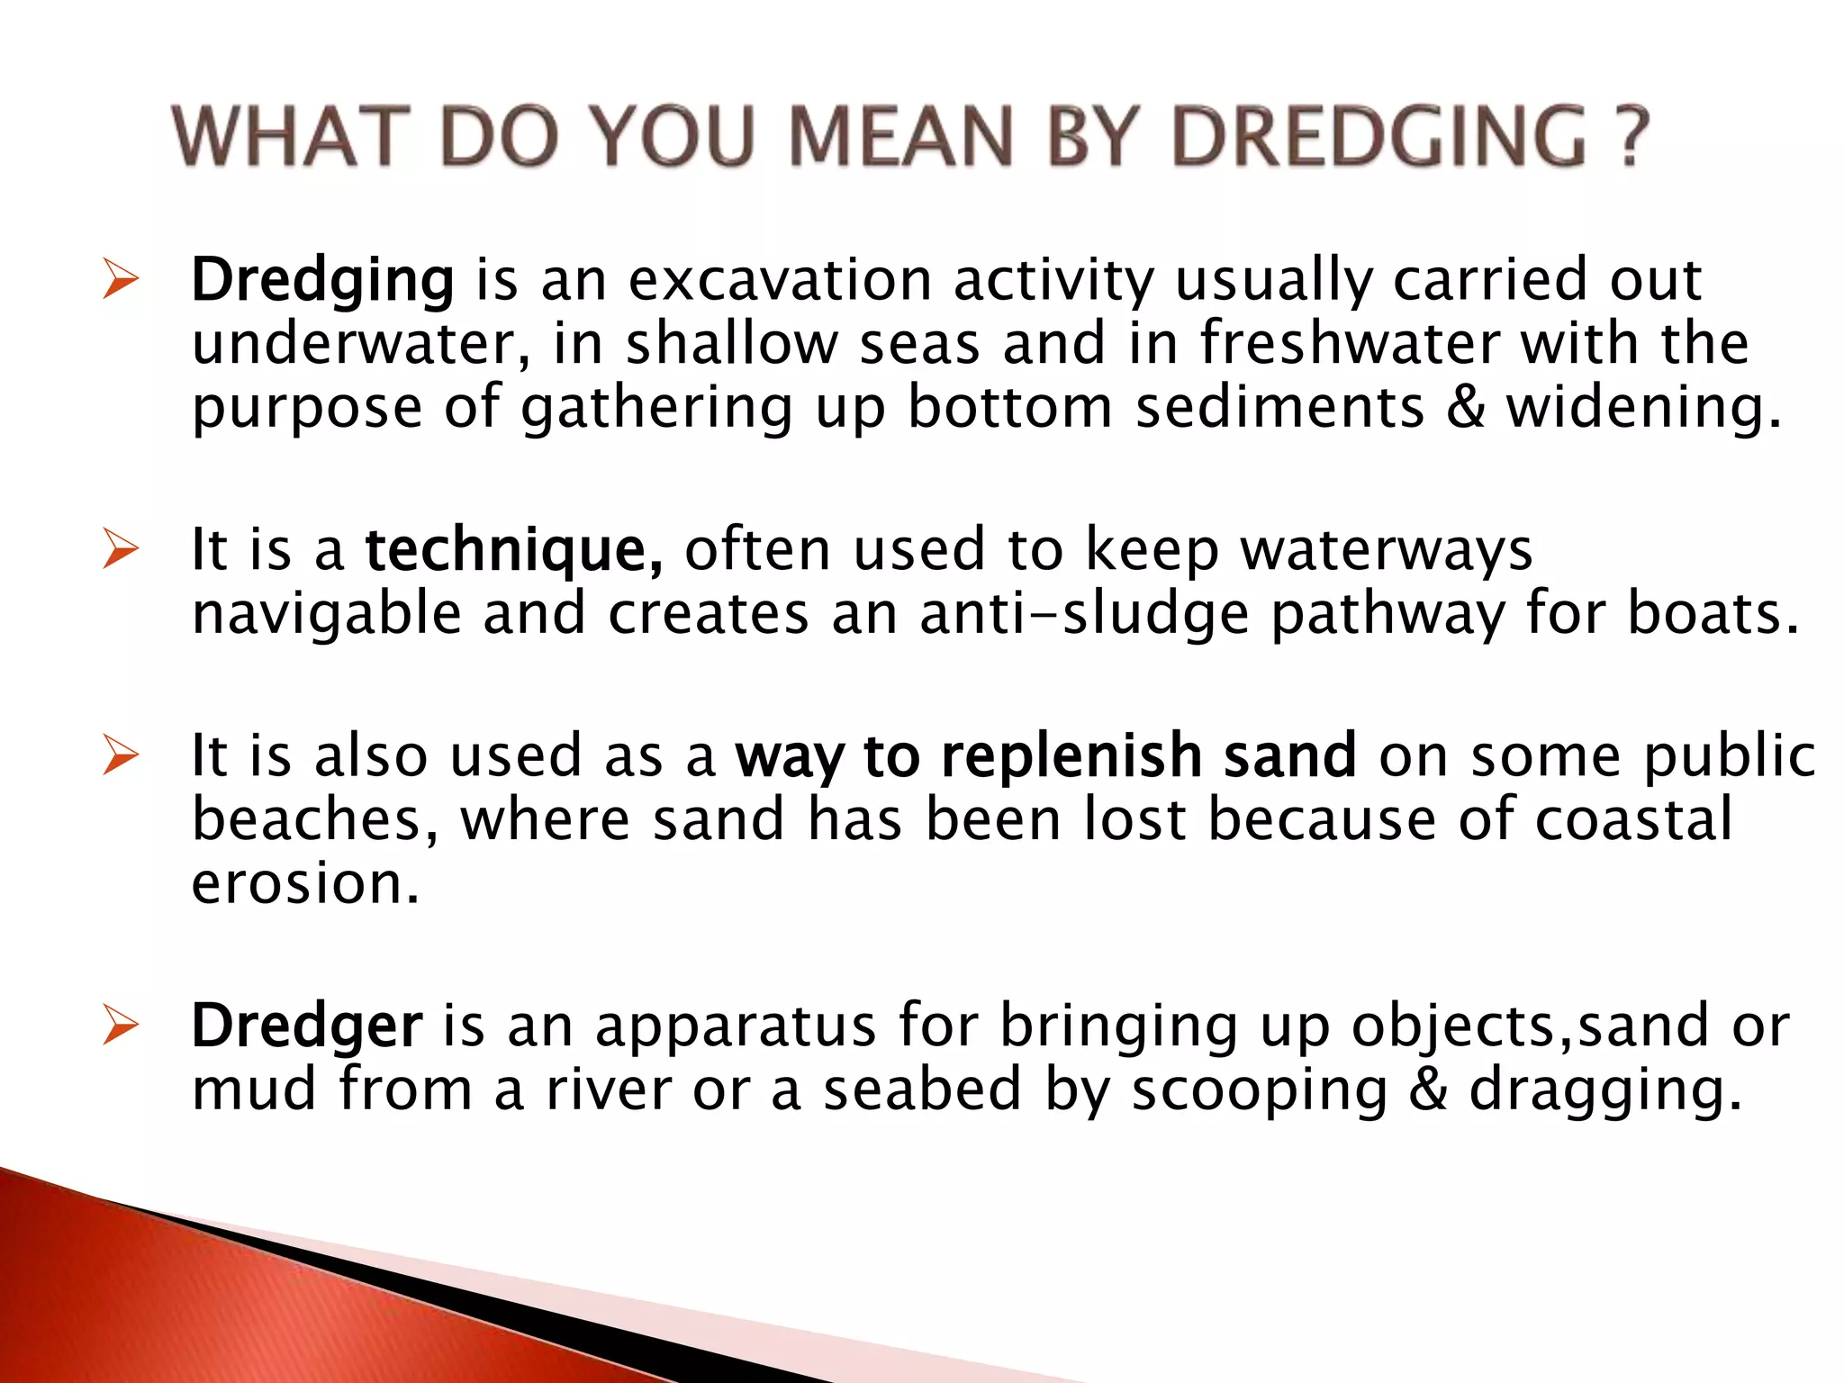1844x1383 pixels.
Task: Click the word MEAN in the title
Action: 901,137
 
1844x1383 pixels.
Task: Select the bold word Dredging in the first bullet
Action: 322,280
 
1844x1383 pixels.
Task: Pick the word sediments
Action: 1279,407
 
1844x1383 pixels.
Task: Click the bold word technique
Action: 514,549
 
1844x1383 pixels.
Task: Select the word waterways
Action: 1386,549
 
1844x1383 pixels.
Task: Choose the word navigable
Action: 327,614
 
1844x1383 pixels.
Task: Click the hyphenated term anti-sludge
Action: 1084,614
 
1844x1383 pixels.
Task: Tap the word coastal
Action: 1633,819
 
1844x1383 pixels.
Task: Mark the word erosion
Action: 305,883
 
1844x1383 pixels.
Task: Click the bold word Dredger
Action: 306,1026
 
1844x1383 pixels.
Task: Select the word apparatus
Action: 736,1026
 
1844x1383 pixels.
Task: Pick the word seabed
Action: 922,1089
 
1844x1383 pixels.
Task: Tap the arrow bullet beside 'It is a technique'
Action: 120,549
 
